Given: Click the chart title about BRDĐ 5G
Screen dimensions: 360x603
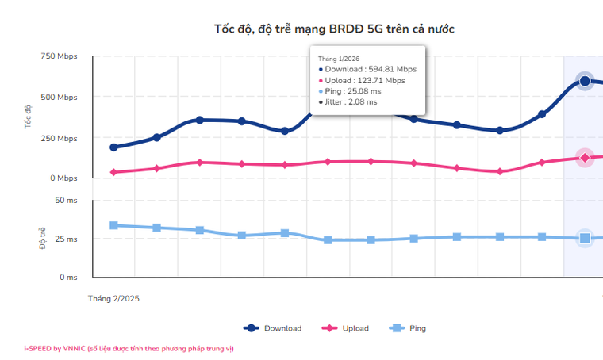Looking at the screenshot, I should point(334,29).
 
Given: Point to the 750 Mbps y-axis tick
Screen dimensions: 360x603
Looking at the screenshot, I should point(58,56).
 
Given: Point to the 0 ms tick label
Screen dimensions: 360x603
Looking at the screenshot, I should point(67,278).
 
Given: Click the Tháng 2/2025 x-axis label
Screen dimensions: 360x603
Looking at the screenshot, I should point(113,299).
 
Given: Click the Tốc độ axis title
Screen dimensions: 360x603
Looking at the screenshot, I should point(28,117).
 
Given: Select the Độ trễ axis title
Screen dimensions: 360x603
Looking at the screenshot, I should point(42,238).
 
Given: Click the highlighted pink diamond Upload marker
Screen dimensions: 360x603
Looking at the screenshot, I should point(585,158).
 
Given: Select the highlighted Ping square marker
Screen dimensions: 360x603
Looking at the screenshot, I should point(585,238).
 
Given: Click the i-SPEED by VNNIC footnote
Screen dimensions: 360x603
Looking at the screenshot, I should point(129,348).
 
